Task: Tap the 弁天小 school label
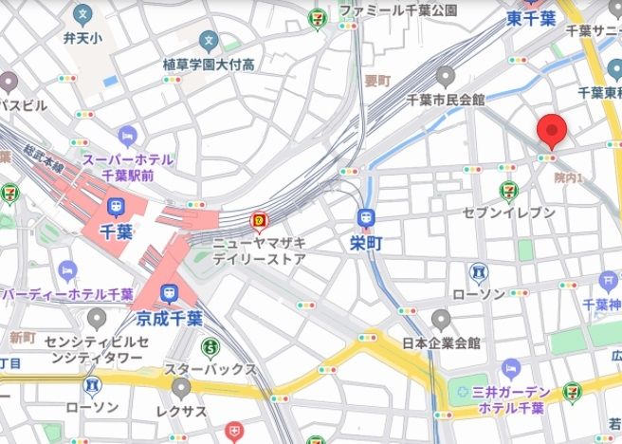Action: click(83, 39)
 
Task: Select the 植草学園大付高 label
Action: click(209, 65)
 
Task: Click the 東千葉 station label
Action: click(530, 18)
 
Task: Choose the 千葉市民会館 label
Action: click(445, 99)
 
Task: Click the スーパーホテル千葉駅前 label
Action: click(128, 167)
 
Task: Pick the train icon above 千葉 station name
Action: click(116, 207)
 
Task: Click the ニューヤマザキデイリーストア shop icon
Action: click(258, 222)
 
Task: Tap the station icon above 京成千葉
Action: click(170, 293)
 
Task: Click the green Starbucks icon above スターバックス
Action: click(210, 346)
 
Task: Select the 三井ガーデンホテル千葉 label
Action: click(511, 400)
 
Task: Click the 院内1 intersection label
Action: click(568, 177)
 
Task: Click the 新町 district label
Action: click(22, 338)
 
